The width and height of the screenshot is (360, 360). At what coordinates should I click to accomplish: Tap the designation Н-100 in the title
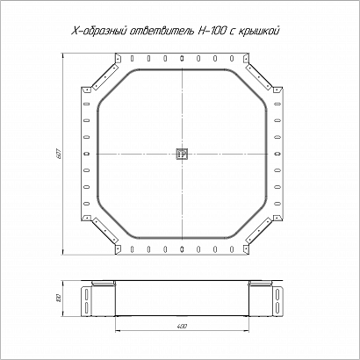click(x=209, y=32)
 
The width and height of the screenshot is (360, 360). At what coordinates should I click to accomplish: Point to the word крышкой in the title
click(x=258, y=32)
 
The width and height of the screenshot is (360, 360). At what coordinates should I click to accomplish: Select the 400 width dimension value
click(x=182, y=326)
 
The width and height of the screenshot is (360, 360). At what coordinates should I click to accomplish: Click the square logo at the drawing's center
click(x=182, y=154)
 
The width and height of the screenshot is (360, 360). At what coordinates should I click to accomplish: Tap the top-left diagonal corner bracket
click(x=105, y=76)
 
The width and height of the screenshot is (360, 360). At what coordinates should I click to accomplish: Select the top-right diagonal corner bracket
click(x=259, y=76)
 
